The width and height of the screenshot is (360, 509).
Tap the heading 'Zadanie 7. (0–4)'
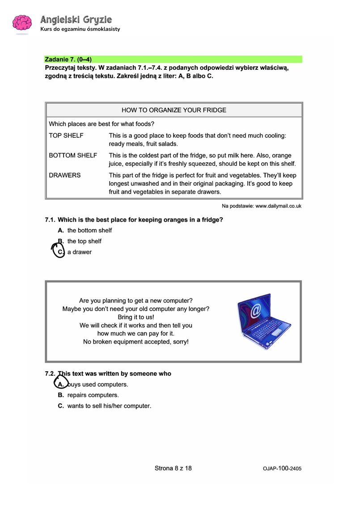68,59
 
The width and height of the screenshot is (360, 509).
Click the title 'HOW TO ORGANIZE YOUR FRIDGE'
174,110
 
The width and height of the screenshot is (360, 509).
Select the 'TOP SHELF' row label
66,135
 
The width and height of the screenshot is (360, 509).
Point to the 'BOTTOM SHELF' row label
72,155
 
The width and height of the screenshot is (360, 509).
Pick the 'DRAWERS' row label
64,175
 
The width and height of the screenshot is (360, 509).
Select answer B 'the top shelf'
84,241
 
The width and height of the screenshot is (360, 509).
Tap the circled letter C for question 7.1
59,252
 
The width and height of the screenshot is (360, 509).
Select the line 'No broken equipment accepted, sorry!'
136,342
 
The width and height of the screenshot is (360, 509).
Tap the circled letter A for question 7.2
61,384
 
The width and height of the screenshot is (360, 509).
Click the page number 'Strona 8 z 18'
173,468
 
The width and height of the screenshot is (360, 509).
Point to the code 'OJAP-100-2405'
282,468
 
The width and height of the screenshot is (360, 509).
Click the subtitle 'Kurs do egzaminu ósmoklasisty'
80,30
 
